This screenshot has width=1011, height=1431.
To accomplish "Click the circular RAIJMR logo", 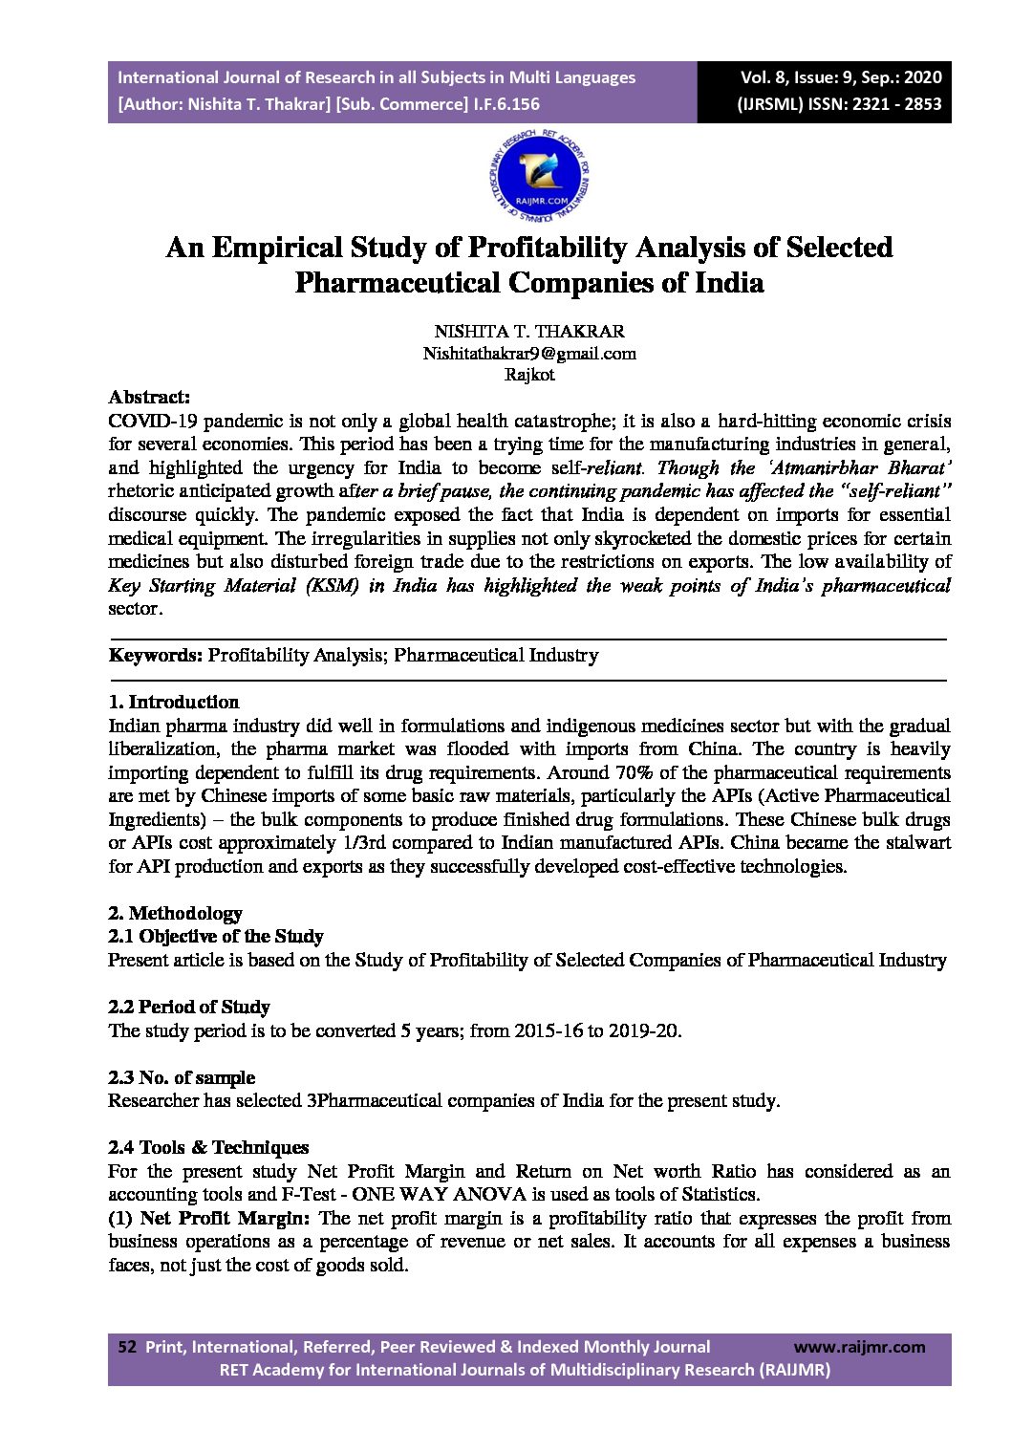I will tap(539, 176).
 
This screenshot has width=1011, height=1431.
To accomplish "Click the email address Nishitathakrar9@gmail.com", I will tap(529, 354).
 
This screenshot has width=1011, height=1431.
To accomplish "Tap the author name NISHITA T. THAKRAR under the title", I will tap(529, 332).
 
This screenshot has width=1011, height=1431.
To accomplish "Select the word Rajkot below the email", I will tap(529, 375).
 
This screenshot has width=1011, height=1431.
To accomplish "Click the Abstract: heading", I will tap(149, 397).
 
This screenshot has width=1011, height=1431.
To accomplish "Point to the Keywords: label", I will tap(156, 656).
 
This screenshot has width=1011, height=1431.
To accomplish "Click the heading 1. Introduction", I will tap(174, 703).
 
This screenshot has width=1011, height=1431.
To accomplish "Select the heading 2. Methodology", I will tap(176, 914).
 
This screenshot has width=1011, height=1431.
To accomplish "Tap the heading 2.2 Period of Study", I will tap(189, 1008).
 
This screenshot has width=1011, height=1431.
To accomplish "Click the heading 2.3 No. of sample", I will tap(182, 1078).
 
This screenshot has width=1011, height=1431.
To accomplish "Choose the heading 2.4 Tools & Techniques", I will tap(208, 1148).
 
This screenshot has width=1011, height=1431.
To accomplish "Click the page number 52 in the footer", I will tap(127, 1347).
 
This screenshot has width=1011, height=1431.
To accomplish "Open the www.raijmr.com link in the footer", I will tap(859, 1347).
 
